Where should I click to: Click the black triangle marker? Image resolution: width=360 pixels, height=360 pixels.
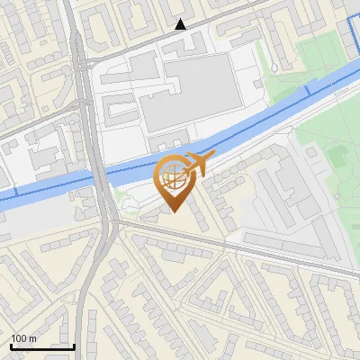pyautogui.click(x=181, y=24)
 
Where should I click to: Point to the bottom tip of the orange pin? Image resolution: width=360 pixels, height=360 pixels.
pyautogui.click(x=173, y=211)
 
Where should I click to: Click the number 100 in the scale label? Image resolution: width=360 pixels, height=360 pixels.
pyautogui.click(x=21, y=338)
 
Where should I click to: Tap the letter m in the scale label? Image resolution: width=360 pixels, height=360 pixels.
pyautogui.click(x=33, y=338)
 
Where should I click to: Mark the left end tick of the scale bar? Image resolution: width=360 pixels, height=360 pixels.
pyautogui.click(x=11, y=345)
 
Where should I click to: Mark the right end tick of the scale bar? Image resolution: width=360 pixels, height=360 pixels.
pyautogui.click(x=74, y=345)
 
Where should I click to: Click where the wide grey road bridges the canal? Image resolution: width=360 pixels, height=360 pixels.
pyautogui.click(x=97, y=175)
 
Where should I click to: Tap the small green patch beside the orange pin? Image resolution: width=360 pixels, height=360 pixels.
pyautogui.click(x=131, y=209)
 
